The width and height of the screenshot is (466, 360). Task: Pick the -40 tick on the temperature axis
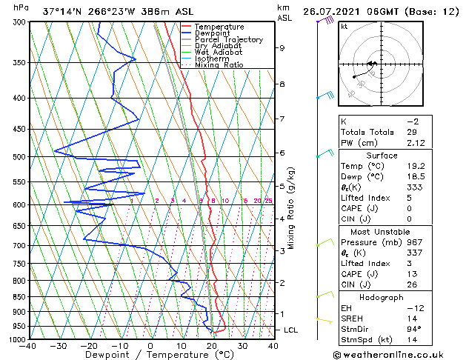(29, 345)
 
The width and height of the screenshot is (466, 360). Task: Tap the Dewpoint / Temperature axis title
(150, 355)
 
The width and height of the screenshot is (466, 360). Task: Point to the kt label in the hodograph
(344, 27)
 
